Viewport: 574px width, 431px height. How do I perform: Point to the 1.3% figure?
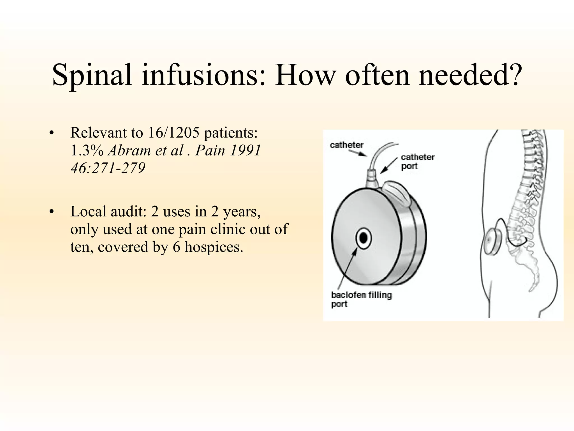pos(87,151)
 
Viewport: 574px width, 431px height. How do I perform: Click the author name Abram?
pos(129,151)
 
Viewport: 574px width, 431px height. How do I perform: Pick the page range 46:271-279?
pos(108,168)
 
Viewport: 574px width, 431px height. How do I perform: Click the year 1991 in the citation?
pos(245,151)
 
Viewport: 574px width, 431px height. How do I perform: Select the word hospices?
pos(214,247)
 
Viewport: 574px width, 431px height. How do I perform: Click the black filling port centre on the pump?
pos(364,238)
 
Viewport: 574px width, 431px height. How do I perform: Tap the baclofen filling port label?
pos(361,299)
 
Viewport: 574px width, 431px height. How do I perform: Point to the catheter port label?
pos(417,162)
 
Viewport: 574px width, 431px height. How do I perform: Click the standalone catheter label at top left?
pos(346,145)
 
